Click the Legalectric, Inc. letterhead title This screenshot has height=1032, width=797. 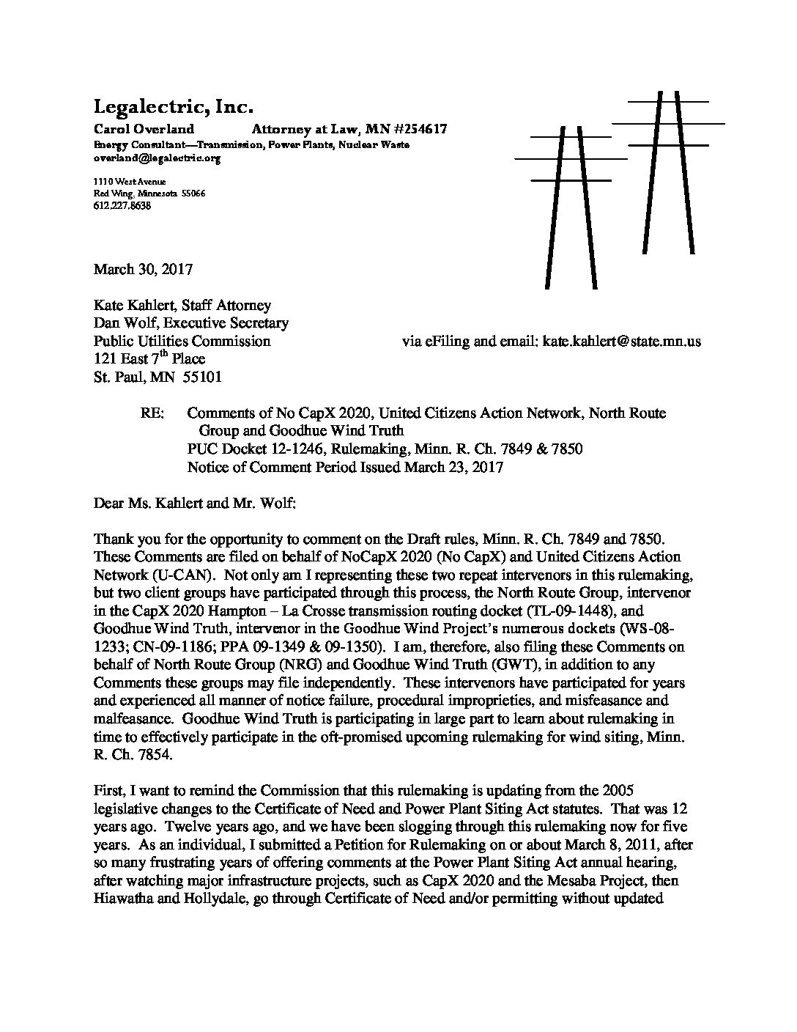173,108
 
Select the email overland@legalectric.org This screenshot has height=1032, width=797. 157,158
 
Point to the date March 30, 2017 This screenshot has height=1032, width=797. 143,269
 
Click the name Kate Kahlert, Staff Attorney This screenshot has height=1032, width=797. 182,305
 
